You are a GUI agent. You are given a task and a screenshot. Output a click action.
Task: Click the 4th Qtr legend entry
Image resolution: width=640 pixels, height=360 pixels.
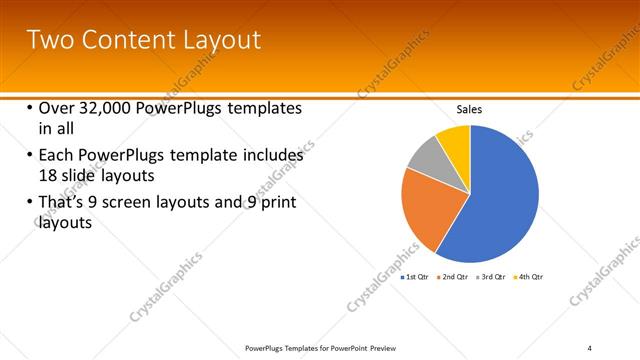click(529, 276)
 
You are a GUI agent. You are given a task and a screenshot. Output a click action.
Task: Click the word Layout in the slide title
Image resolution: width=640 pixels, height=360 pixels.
click(223, 40)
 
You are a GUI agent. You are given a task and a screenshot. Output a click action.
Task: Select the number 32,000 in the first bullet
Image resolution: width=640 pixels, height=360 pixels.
click(109, 109)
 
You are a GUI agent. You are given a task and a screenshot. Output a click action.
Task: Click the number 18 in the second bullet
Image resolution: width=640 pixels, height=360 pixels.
click(48, 175)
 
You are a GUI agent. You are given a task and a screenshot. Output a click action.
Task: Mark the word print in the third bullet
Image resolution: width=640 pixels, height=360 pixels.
click(275, 204)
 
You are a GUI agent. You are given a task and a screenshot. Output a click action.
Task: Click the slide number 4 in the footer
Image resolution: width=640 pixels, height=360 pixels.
click(590, 347)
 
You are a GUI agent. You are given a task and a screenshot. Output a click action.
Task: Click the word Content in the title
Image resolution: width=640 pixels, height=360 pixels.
click(127, 40)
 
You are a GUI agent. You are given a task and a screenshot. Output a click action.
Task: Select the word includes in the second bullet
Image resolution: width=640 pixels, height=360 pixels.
click(267, 156)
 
